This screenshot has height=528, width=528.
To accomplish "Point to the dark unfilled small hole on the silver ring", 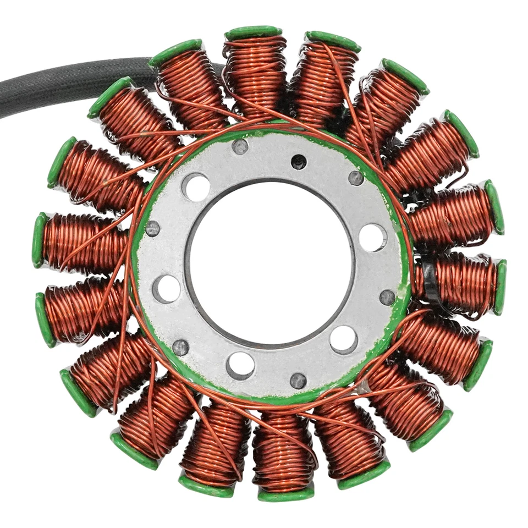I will [299, 161].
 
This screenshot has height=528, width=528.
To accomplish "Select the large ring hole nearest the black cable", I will [196, 188].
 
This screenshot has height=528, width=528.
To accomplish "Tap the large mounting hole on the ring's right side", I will [372, 238].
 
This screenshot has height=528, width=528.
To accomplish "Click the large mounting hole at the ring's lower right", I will [344, 339].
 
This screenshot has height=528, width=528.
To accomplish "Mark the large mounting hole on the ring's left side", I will [166, 288].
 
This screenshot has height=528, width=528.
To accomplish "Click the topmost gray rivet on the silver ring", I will [240, 146].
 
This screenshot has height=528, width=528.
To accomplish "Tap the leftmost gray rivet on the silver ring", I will [152, 229].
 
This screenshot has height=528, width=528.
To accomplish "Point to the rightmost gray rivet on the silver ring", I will [387, 298].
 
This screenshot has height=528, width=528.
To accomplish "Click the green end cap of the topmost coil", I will [254, 32].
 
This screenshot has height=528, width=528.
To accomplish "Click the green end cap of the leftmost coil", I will [40, 240].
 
